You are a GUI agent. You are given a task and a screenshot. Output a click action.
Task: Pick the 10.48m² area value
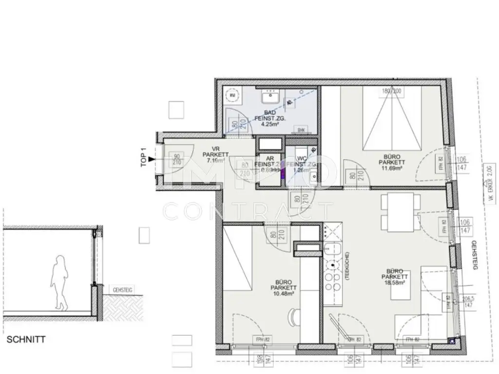pos(283,294)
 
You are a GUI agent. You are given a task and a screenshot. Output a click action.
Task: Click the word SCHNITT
pos(26,339)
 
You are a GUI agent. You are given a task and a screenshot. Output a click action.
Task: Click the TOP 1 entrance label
pos(143,157)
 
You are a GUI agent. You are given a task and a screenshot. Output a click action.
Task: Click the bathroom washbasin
pos(268,99)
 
